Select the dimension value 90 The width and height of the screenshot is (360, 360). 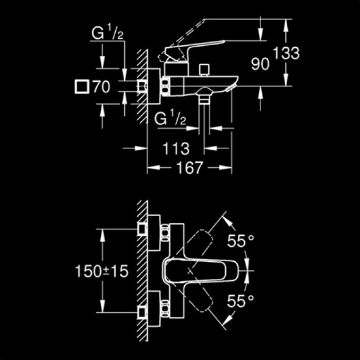coord(260,64)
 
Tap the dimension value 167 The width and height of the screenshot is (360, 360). coord(190,168)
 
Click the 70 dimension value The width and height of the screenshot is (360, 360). coord(101,87)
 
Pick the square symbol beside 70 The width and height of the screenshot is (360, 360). coord(82,87)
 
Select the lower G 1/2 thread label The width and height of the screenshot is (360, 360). coord(170,119)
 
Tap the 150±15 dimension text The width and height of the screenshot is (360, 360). coord(102,271)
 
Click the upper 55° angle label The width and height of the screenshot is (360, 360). coord(242,242)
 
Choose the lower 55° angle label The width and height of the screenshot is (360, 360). coord(242,302)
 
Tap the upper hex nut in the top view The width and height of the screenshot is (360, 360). coord(165,232)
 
